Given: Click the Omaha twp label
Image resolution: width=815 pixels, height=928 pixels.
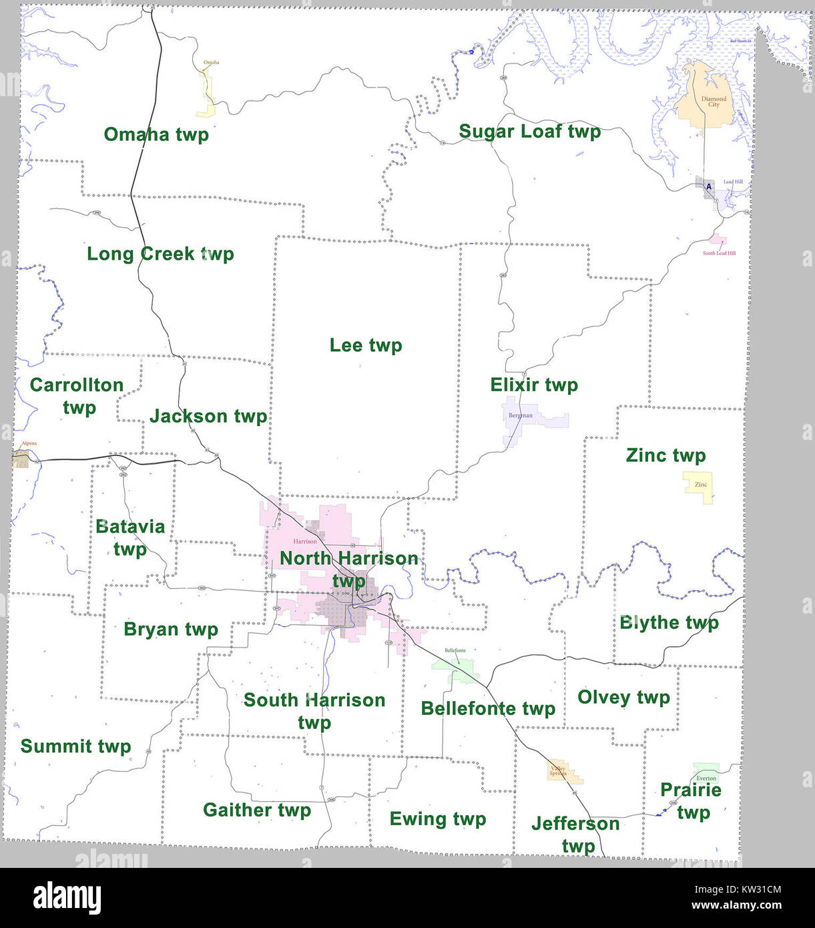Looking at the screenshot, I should [x=156, y=134].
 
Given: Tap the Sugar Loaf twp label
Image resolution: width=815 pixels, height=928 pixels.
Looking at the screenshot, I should [x=529, y=132].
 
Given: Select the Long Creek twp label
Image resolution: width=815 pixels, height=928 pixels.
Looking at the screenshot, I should [x=160, y=254].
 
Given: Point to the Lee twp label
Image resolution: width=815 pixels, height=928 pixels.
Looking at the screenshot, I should [x=366, y=345].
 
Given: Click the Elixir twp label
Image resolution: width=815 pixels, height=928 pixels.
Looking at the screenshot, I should [x=534, y=385].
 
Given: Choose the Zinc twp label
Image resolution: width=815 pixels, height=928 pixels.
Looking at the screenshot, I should [x=665, y=455].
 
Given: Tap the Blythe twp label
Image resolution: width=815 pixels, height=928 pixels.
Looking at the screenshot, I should [x=669, y=623].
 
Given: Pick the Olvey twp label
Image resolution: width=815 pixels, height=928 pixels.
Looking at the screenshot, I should [x=623, y=697].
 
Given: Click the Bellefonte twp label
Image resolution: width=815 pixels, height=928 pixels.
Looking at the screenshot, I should [x=488, y=708].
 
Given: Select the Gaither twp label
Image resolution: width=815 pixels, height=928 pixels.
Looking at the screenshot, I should [x=257, y=810].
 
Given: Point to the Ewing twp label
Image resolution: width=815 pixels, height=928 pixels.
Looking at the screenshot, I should [x=437, y=819].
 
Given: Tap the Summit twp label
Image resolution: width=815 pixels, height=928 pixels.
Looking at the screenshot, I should [x=75, y=746].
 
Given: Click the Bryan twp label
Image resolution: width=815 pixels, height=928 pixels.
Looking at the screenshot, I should [x=171, y=630].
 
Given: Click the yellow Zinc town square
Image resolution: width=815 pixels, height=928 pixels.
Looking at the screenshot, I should [x=698, y=485].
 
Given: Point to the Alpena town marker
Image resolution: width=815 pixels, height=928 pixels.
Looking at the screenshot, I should [x=21, y=459].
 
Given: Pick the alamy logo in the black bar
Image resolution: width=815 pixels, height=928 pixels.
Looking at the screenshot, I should [x=67, y=898].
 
